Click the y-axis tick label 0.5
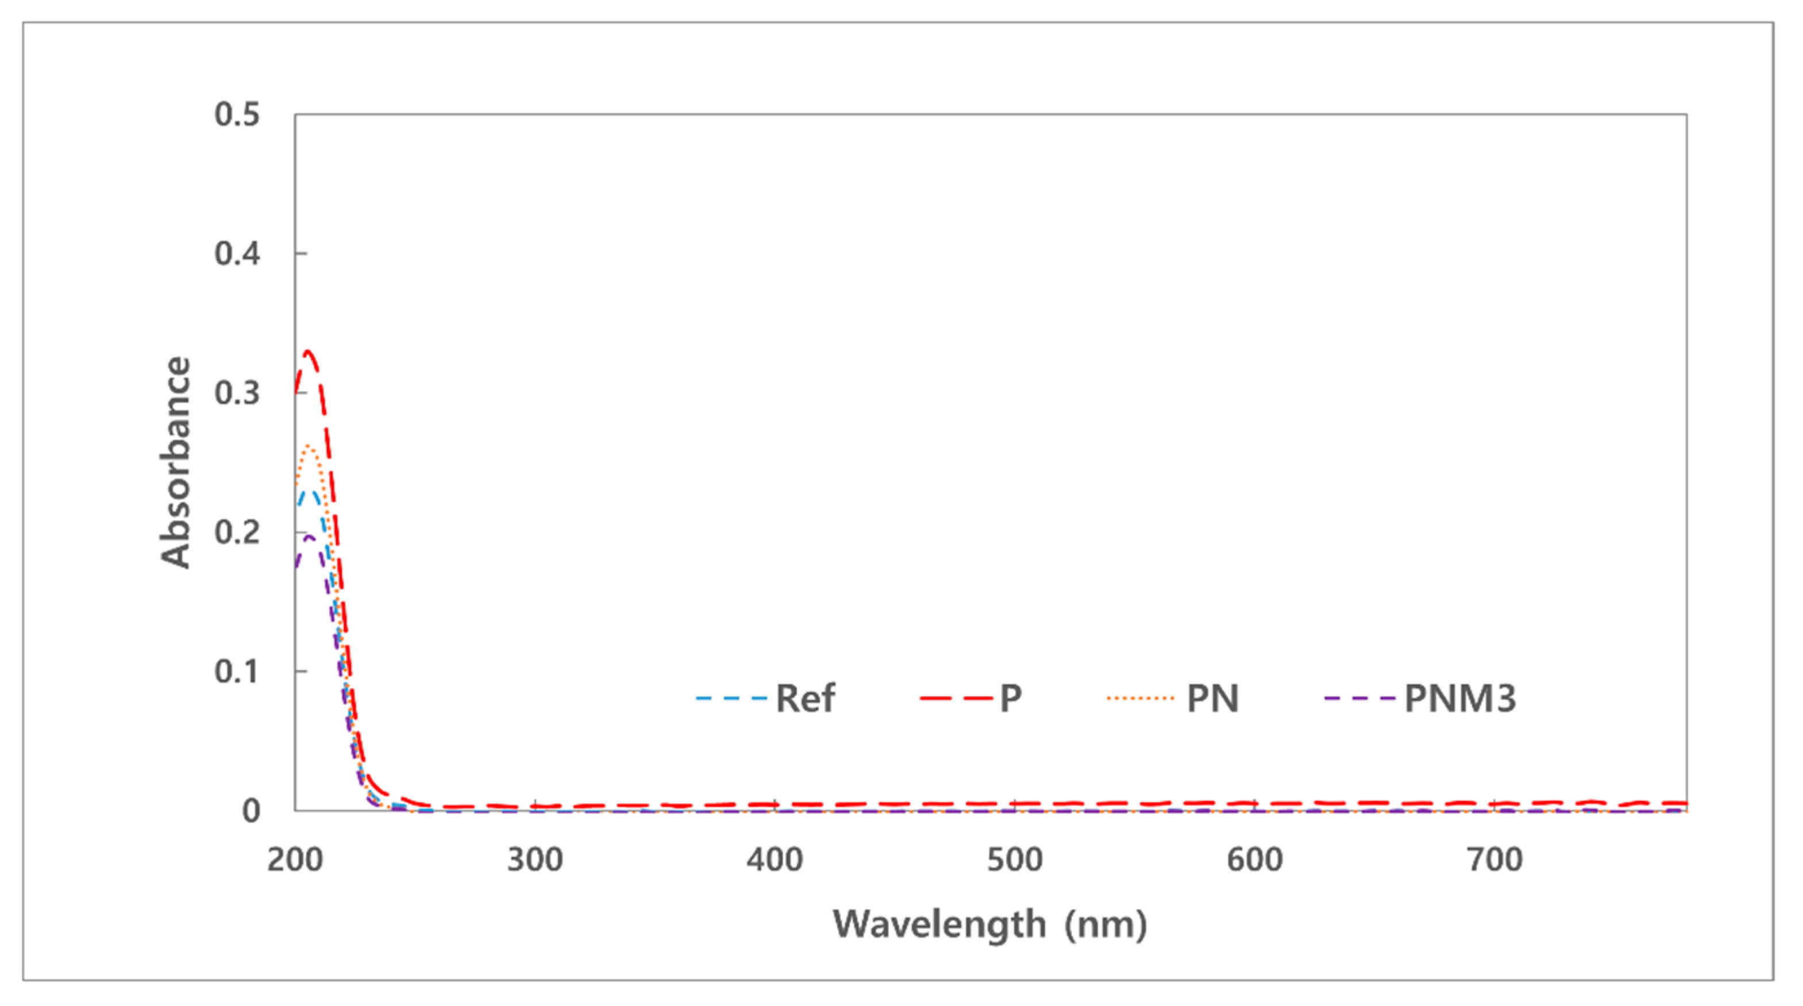[x=237, y=115]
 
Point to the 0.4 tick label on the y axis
[x=237, y=253]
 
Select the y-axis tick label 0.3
[x=237, y=393]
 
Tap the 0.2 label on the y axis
[x=237, y=532]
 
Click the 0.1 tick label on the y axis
[x=237, y=672]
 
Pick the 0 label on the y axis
[x=251, y=811]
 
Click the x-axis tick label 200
[x=295, y=859]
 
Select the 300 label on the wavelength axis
[x=535, y=859]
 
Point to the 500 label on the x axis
[x=1014, y=859]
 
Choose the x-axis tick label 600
[x=1254, y=859]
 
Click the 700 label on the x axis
[x=1494, y=859]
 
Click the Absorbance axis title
[x=175, y=462]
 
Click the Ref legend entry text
[x=805, y=699]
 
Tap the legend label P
[x=1011, y=699]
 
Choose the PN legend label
[x=1212, y=699]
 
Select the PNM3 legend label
[x=1460, y=699]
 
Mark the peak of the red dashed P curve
[x=307, y=350]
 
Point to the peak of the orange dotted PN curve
[x=309, y=446]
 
